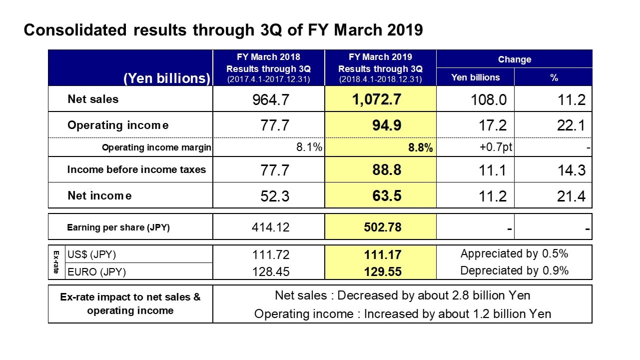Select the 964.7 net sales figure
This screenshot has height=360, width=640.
click(271, 100)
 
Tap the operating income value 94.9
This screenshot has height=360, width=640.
click(387, 125)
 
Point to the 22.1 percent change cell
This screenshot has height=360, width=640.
click(571, 125)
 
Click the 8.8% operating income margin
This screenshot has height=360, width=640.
click(420, 147)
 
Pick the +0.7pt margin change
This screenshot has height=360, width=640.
click(496, 147)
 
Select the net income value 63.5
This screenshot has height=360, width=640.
click(387, 196)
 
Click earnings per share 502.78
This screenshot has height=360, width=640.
click(383, 227)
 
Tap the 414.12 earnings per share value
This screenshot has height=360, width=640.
click(271, 227)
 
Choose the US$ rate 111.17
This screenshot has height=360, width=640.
click(383, 254)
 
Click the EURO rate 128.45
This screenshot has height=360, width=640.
click(271, 271)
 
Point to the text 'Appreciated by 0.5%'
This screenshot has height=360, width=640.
click(514, 253)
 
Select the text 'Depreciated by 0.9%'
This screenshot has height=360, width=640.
click(514, 270)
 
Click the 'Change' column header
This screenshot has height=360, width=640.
click(515, 59)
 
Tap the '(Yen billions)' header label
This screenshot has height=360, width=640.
click(167, 78)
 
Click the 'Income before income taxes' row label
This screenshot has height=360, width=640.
click(136, 169)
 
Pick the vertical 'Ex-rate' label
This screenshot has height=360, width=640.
click(56, 262)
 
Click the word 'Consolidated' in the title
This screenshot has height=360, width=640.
click(75, 29)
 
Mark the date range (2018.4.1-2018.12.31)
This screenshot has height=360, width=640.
click(380, 79)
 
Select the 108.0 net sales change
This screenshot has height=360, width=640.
click(489, 100)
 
